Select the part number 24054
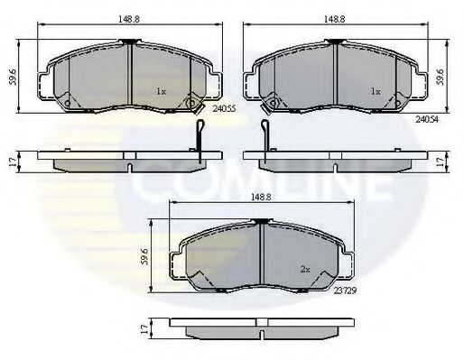pos(428,117)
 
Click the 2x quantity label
pos(306,269)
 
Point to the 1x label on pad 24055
pos(161,91)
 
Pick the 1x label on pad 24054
pos(374,91)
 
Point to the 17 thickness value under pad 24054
pos(441,162)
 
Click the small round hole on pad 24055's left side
pos(67,103)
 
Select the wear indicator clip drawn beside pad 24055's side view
pos(199,141)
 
